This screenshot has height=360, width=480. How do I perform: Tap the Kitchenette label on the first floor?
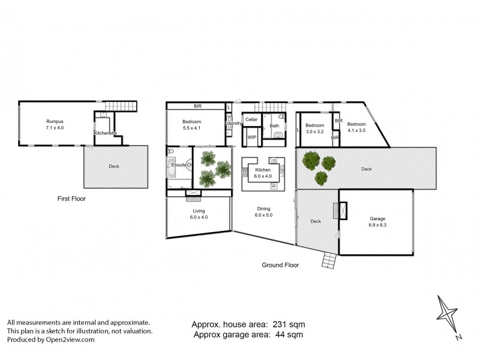(x=105, y=133)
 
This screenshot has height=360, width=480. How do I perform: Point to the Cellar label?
(x=251, y=119)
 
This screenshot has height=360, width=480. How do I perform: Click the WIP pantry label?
(x=252, y=137)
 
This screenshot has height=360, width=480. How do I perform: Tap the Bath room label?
(x=274, y=125)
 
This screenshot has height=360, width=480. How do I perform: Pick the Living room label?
(x=199, y=211)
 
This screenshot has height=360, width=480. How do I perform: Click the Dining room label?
(x=263, y=208)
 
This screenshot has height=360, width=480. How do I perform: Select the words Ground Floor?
(x=280, y=265)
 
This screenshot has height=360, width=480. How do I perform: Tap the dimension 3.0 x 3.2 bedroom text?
(x=314, y=131)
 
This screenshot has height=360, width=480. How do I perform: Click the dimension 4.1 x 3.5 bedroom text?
(x=356, y=131)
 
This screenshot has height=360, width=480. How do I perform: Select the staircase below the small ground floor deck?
(x=329, y=260)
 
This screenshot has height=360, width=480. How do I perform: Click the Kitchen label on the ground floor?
(x=263, y=170)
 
